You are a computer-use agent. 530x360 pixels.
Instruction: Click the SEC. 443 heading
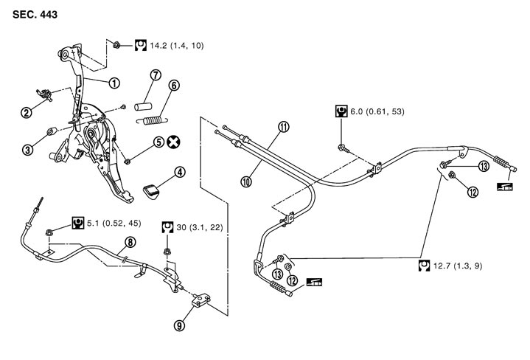pos(35,14)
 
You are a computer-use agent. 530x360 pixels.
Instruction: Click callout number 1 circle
pos(115,83)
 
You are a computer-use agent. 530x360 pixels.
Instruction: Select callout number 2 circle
pos(27,113)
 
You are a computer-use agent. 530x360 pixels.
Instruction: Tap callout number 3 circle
pos(27,150)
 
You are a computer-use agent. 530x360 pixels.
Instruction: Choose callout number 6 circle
pos(175,86)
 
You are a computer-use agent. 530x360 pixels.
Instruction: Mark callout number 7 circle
pos(155,75)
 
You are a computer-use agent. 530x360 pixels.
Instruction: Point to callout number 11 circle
pos(283,126)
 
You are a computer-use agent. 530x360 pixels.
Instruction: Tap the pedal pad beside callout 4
pos(151,191)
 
